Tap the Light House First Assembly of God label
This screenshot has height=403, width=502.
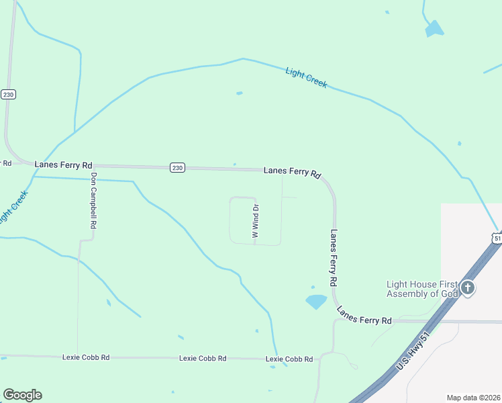click(422, 289)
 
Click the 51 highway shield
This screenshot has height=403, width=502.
click(497, 238)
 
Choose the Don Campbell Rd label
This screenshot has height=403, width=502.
click(93, 202)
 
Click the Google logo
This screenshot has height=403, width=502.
click(22, 395)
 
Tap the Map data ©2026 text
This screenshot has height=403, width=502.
click(472, 397)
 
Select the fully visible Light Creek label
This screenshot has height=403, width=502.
click(306, 77)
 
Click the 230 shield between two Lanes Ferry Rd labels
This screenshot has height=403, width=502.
click(177, 167)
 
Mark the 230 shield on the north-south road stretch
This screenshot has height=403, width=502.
click(8, 94)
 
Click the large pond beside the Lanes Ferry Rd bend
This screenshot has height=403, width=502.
click(315, 302)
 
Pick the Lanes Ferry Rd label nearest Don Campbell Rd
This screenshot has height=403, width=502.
click(63, 165)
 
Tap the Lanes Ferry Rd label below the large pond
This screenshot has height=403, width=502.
click(364, 316)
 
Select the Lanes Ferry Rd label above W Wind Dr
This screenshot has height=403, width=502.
click(292, 172)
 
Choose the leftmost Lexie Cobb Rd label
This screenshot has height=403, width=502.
click(85, 357)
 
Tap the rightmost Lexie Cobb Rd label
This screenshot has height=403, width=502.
click(289, 359)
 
